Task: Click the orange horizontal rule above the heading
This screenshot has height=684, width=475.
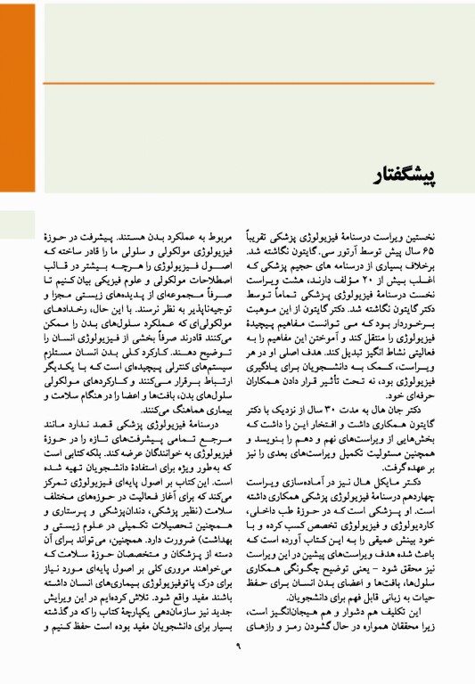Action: click(258, 83)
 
